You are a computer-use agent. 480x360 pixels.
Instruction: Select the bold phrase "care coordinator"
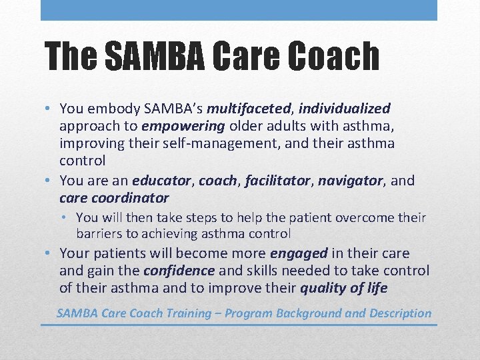click(114, 198)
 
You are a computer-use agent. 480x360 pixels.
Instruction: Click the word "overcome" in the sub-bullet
click(362, 218)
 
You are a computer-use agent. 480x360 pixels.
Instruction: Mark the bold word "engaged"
click(299, 253)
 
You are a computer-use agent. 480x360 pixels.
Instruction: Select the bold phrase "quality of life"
click(343, 288)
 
